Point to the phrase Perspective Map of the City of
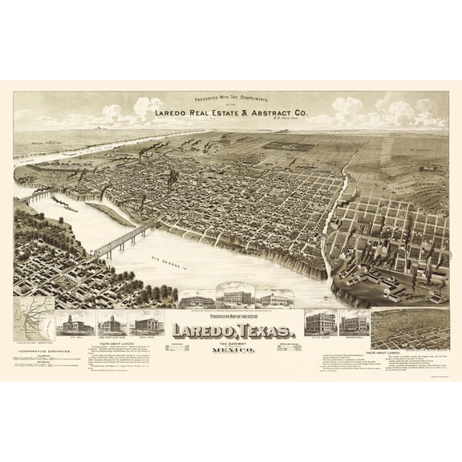[231, 318]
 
